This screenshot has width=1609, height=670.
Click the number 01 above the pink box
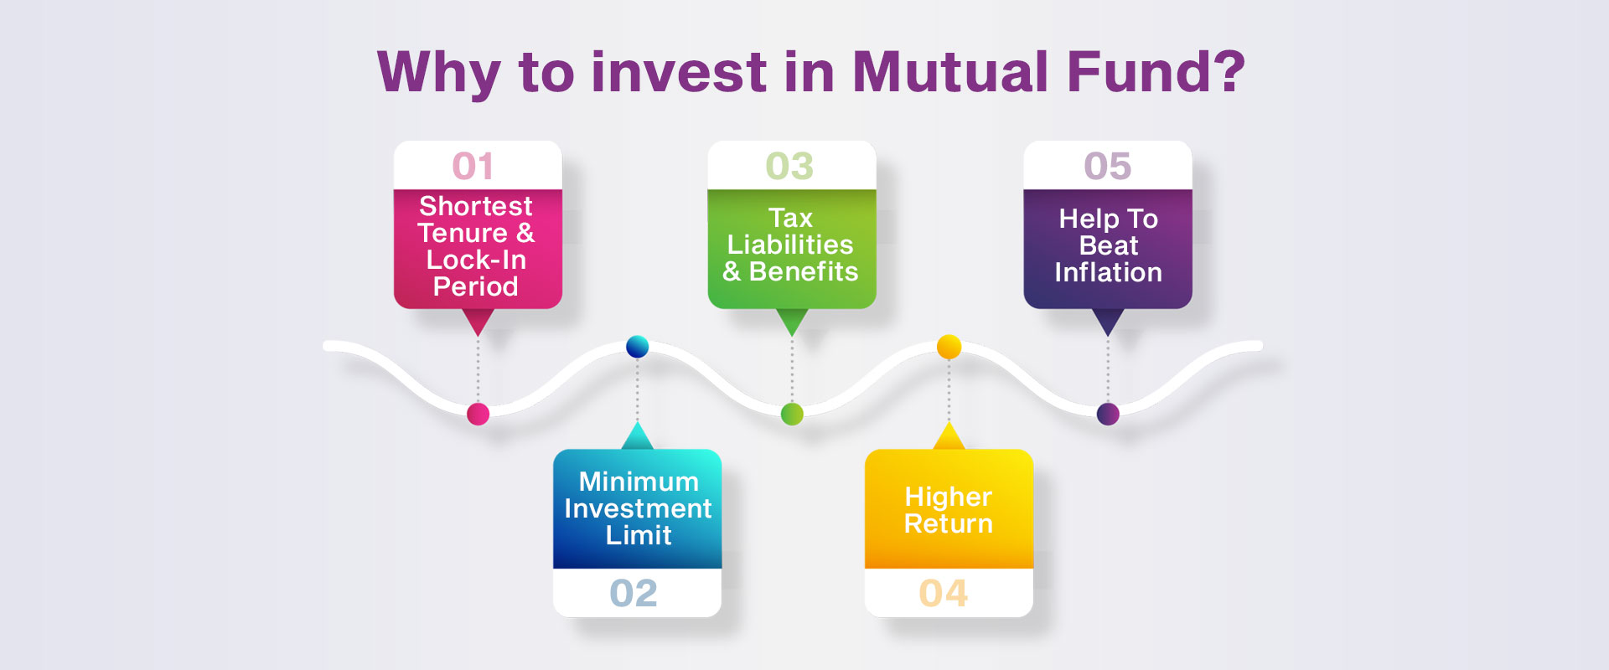(473, 166)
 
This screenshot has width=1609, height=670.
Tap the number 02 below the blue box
(634, 593)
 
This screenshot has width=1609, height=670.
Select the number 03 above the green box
(789, 166)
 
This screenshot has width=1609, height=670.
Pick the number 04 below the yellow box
(944, 593)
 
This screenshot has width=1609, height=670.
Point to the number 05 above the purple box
(1108, 166)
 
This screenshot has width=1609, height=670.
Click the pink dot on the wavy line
(478, 414)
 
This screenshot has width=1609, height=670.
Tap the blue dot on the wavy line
(637, 346)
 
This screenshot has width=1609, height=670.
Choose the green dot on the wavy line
(792, 414)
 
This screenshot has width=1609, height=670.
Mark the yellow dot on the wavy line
(949, 346)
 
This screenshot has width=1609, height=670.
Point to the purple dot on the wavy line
(1108, 414)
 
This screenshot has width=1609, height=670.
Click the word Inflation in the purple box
(1108, 272)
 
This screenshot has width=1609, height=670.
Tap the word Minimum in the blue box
(639, 482)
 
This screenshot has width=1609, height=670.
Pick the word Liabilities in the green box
(790, 245)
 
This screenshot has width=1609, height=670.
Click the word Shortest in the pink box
(475, 206)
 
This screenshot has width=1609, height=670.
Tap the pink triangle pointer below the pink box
(478, 322)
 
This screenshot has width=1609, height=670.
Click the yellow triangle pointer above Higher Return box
(949, 436)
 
